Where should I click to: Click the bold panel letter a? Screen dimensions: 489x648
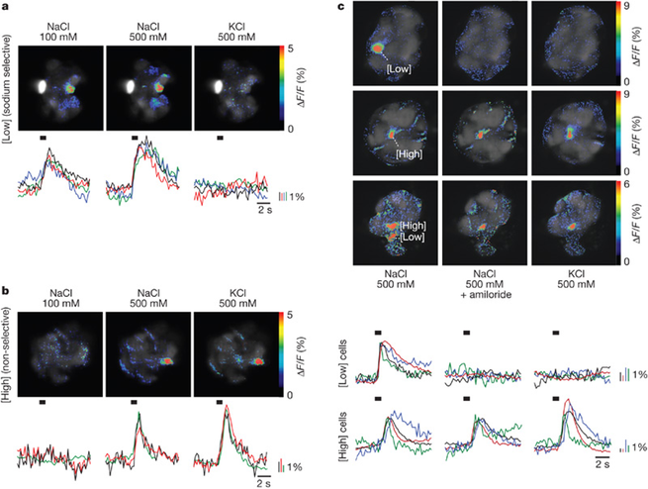(x=5, y=7)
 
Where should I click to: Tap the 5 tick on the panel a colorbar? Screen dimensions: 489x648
(x=288, y=48)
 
